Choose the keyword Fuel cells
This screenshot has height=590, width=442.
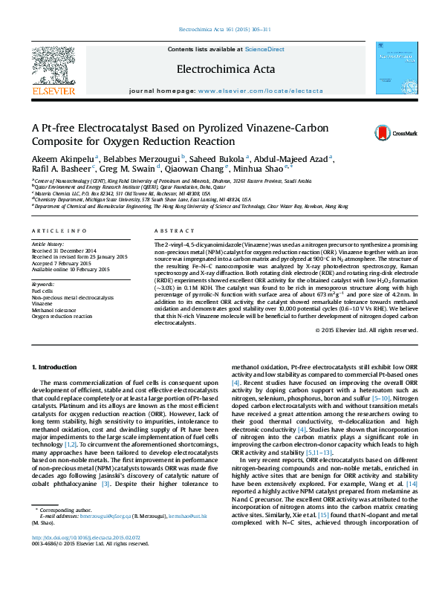tap(42, 291)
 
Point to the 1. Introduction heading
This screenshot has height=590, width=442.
tap(58, 367)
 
